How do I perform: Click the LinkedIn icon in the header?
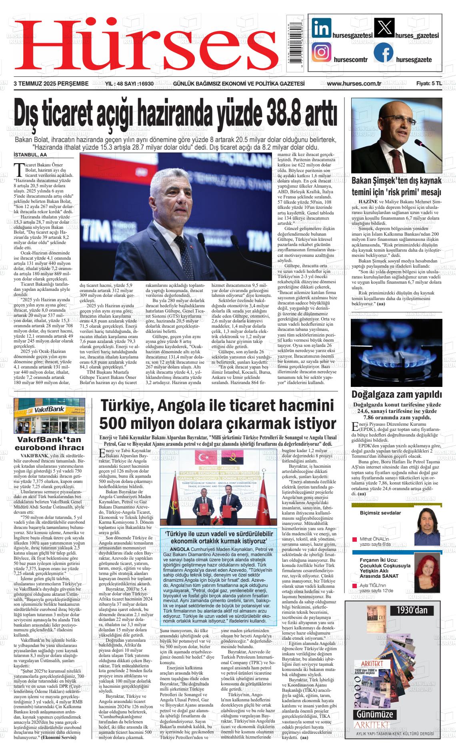[x=321, y=29]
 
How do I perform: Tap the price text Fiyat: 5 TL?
[x=429, y=84]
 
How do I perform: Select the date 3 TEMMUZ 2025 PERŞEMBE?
[x=51, y=84]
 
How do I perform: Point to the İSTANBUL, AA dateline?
[x=30, y=154]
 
